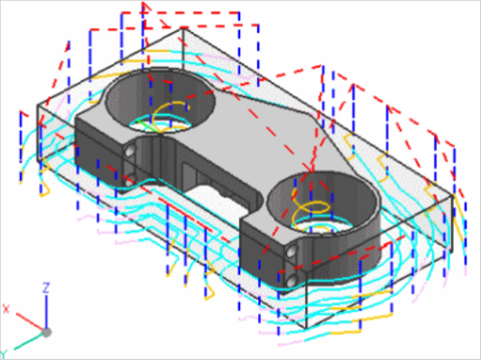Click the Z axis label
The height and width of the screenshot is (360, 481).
46,288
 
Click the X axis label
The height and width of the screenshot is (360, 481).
6,309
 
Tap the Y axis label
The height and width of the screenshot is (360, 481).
4,355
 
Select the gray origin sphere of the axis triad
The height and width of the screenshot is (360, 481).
46,332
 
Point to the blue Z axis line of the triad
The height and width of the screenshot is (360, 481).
46,311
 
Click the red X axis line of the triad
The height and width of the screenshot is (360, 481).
30,322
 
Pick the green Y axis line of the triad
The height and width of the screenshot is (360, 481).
28,342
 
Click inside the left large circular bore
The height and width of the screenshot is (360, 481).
160,99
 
